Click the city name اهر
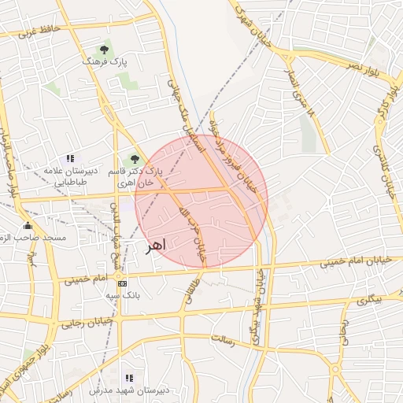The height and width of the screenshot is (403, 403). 156,246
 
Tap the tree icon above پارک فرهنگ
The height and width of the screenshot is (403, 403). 105,49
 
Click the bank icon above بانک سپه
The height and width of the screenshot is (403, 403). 121,283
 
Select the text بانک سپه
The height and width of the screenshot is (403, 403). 122,295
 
